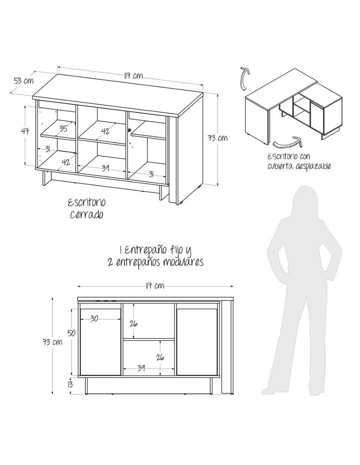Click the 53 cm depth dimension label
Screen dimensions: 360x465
[24, 81]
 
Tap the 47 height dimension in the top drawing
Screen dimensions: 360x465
[25, 131]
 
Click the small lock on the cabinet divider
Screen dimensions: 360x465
[129, 130]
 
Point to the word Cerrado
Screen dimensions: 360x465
[87, 214]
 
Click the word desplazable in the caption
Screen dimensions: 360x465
[313, 166]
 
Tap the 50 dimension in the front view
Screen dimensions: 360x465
[71, 333]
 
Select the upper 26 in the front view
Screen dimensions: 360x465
[133, 324]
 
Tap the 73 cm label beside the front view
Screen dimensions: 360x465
[52, 342]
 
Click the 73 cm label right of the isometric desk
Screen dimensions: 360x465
[218, 138]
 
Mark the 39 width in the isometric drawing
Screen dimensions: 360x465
[105, 168]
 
